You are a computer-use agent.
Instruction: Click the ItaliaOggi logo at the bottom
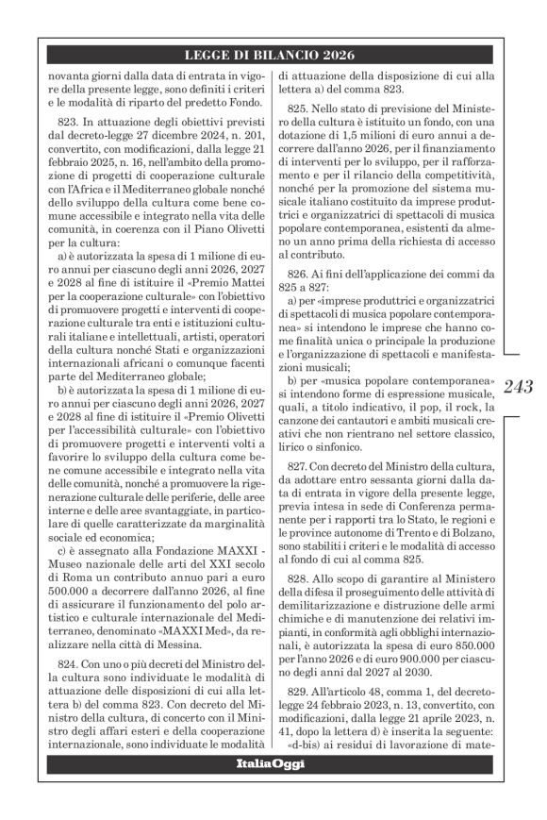tap(271, 763)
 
